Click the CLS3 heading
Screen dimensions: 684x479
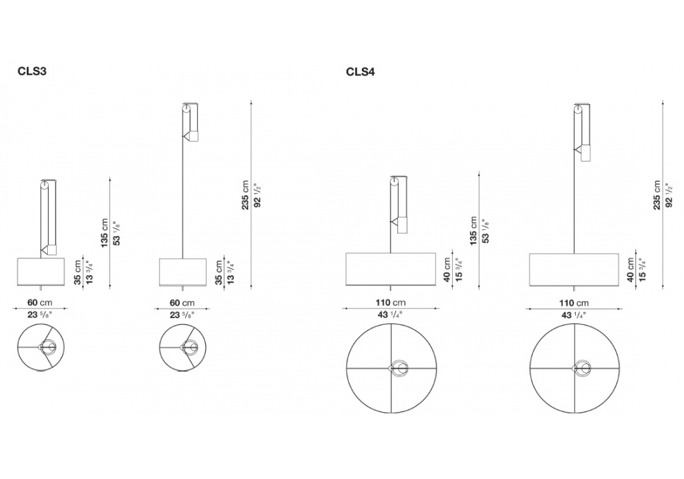click(32, 70)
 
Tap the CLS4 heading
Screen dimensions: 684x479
click(360, 72)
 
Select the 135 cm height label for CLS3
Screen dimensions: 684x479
click(104, 233)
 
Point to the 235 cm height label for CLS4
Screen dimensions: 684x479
click(657, 196)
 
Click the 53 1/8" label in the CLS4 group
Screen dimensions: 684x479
click(486, 231)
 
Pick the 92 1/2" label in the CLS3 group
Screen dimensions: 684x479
click(257, 195)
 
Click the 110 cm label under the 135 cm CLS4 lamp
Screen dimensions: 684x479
click(391, 302)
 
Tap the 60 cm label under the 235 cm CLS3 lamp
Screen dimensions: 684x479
click(182, 302)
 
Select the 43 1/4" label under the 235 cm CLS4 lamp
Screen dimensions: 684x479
click(574, 315)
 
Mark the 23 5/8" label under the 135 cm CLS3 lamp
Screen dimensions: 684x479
click(40, 315)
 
